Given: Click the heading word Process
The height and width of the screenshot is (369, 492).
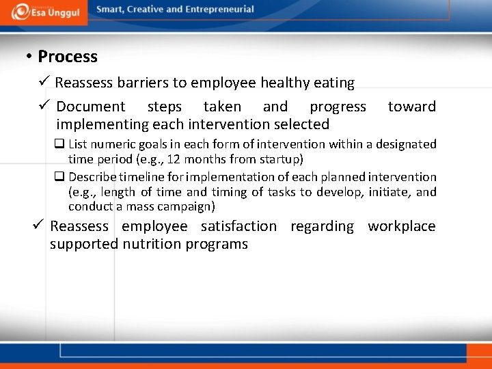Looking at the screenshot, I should click(x=68, y=57).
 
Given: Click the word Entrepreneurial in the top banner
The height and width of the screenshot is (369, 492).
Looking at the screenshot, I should click(x=219, y=10).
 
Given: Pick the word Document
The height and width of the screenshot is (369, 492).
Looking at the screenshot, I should click(x=91, y=107).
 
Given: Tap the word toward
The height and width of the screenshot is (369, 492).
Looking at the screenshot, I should click(x=411, y=107).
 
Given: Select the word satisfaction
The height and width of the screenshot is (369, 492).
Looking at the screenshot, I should click(x=238, y=226).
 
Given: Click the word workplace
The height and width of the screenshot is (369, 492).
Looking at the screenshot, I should click(x=401, y=226).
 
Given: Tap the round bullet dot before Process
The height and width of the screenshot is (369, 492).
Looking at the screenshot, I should click(x=29, y=57).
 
